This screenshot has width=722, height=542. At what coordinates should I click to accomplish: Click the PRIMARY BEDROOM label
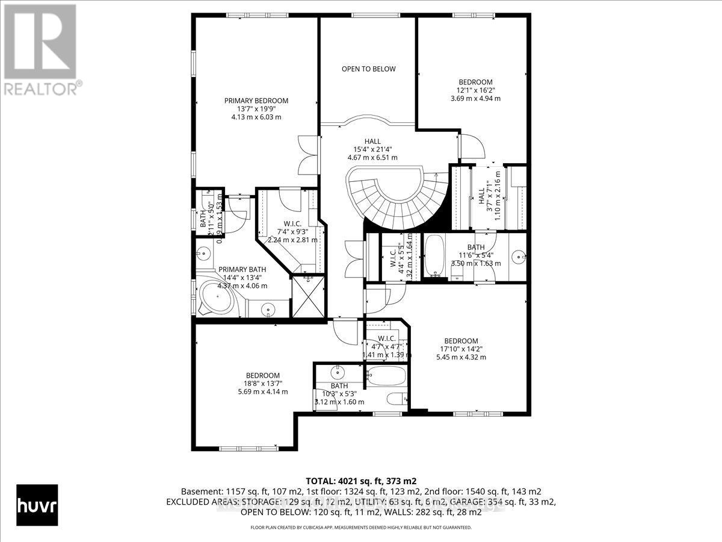pyautogui.click(x=256, y=101)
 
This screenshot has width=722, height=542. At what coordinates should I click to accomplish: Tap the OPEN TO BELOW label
pyautogui.click(x=368, y=69)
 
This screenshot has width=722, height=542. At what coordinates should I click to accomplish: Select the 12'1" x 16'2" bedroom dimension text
pyautogui.click(x=475, y=90)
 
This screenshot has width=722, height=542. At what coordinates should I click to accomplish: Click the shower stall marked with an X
pyautogui.click(x=308, y=296)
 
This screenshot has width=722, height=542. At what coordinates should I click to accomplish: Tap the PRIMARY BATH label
pyautogui.click(x=241, y=269)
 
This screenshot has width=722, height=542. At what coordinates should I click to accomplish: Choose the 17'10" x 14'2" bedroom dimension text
pyautogui.click(x=461, y=349)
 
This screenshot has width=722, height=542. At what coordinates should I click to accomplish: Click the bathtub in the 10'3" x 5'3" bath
pyautogui.click(x=386, y=376)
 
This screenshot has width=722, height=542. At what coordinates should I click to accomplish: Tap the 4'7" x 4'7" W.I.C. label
pyautogui.click(x=386, y=338)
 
